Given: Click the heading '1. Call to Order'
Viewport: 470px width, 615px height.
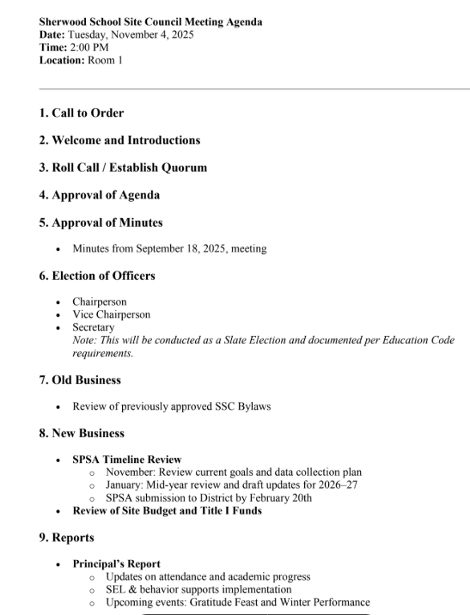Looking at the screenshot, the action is [82, 113].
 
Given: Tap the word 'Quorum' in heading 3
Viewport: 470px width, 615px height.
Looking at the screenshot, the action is [182, 167].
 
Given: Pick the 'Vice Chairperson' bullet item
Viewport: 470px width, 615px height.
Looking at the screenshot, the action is [111, 315].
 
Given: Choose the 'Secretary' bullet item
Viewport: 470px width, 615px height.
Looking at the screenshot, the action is [93, 328].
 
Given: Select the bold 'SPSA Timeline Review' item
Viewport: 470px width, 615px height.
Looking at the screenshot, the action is [126, 460].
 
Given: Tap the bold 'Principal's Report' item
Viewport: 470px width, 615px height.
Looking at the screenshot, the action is [116, 564].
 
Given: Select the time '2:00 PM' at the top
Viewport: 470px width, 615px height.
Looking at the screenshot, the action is [90, 47].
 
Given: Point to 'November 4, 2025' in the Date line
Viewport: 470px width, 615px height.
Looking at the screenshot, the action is [151, 34].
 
